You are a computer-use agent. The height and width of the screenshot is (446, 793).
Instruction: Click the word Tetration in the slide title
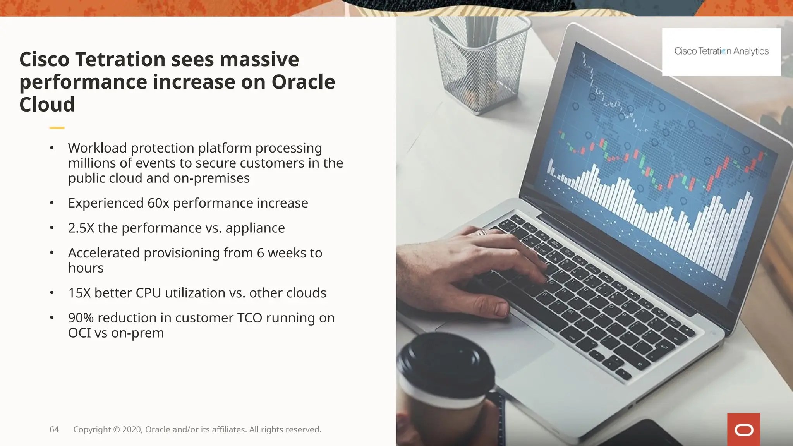coord(120,60)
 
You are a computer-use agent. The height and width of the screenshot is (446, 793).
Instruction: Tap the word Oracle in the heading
coord(303,82)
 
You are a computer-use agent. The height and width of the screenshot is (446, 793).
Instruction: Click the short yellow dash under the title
coord(57,128)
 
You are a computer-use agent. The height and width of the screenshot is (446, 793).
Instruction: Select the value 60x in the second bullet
coord(158,203)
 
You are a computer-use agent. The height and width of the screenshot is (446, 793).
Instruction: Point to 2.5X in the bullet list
coord(81,228)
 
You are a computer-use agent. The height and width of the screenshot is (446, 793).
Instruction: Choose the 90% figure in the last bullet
coord(81,318)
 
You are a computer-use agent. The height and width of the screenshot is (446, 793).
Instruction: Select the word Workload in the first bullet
coord(98,148)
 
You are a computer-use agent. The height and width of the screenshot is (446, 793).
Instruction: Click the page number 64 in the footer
coord(54,429)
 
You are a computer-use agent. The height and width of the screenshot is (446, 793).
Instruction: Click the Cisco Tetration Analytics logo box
coord(721,51)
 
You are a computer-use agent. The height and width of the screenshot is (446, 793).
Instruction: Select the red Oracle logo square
coord(743,429)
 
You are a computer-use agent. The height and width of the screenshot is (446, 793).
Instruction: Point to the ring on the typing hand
coord(481,233)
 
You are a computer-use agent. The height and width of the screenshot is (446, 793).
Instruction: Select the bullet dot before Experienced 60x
coord(51,203)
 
